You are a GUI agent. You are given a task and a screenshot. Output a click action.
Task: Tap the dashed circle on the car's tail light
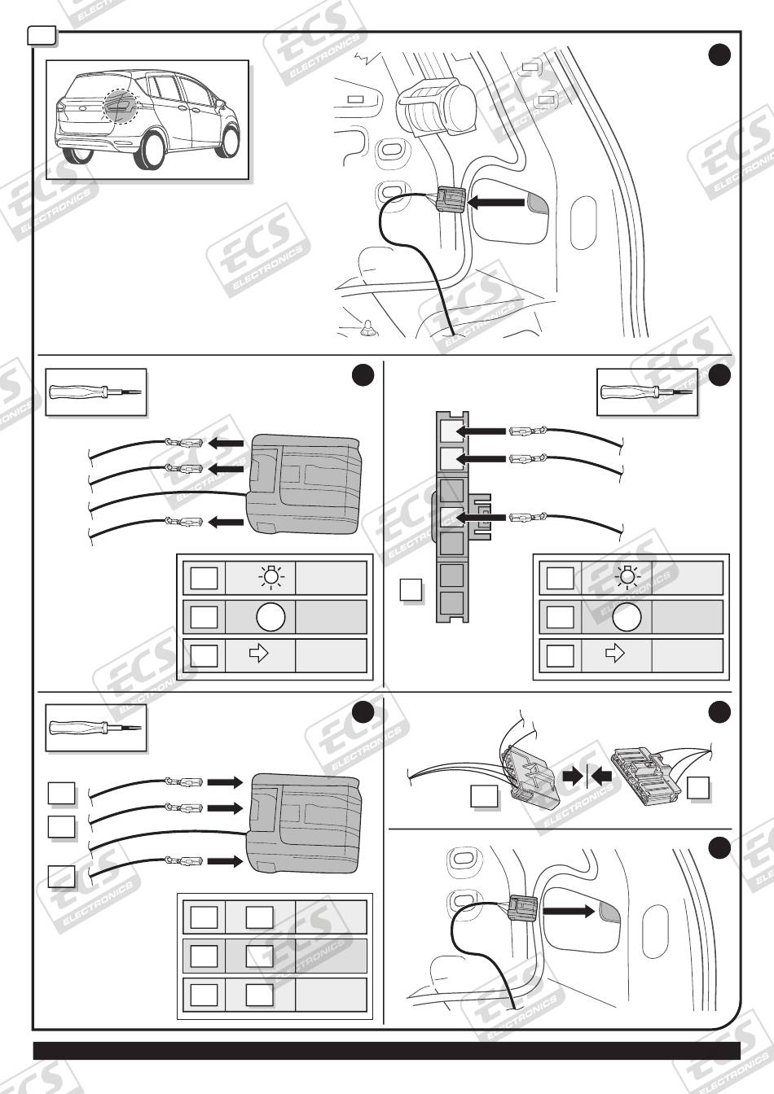click(122, 106)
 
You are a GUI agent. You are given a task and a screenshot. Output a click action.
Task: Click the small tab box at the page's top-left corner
click(42, 34)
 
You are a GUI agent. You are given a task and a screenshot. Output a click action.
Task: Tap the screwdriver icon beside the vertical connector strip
click(647, 392)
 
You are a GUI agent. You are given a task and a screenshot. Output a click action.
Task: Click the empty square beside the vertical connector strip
click(411, 589)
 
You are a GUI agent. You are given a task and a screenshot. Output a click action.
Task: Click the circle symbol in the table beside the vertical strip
click(627, 617)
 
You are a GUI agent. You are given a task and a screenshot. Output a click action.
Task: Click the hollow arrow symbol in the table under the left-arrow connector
click(259, 655)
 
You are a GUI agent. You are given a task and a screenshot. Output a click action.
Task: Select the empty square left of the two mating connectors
click(484, 796)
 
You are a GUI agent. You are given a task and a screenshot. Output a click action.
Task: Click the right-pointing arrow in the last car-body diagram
click(569, 912)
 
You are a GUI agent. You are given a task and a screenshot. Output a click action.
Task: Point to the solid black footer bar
click(386, 1050)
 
